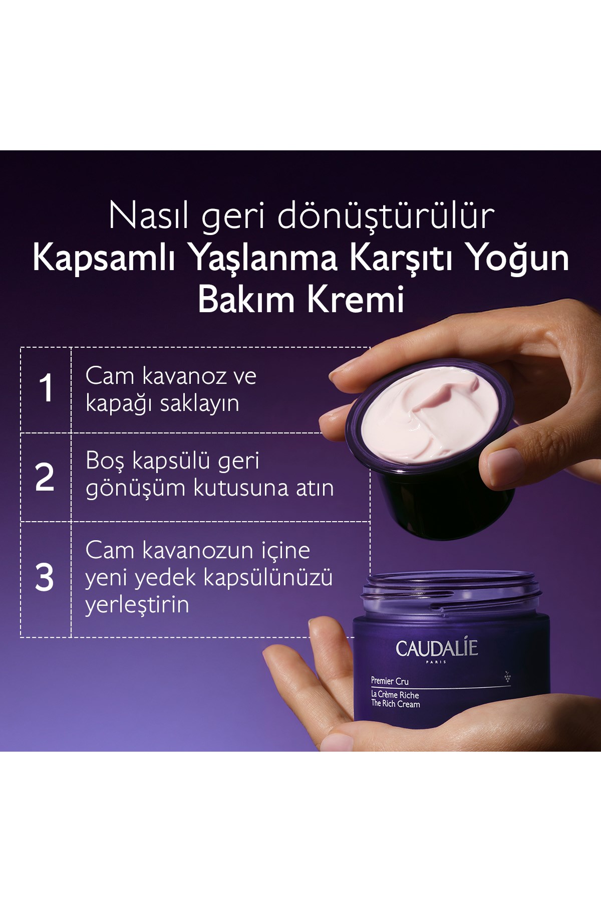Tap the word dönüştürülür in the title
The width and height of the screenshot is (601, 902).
click(386, 216)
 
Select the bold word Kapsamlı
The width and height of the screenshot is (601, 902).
click(104, 259)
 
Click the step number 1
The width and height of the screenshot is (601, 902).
click(46, 388)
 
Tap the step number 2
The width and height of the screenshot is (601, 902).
click(45, 477)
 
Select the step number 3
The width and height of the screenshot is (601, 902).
click(44, 578)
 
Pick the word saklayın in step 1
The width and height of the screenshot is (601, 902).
click(200, 404)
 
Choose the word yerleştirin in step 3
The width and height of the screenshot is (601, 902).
click(137, 604)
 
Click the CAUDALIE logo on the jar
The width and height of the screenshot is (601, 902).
click(437, 648)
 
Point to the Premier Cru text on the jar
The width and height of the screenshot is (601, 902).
click(390, 681)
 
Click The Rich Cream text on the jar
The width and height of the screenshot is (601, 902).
click(396, 704)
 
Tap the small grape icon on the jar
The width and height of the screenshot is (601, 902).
click(507, 677)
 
